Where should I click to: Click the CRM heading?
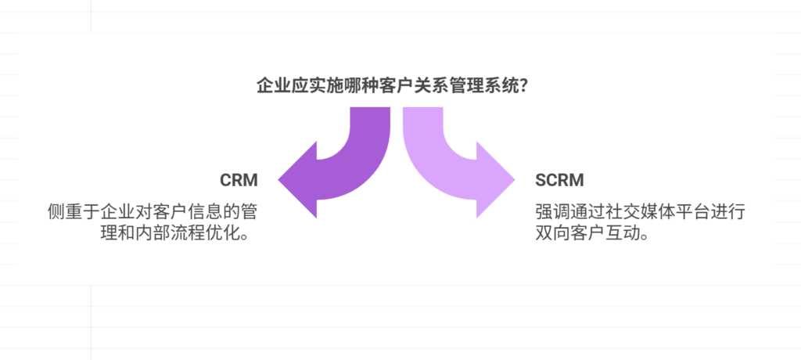[239, 181]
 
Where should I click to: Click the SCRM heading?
[559, 181]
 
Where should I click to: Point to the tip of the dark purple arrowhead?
[280, 179]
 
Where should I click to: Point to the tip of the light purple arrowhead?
[515, 179]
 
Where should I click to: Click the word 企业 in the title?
[273, 85]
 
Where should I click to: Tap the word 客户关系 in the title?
[409, 85]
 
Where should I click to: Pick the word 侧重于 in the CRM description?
[73, 212]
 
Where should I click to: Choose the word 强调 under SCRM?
[552, 212]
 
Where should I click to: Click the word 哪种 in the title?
[357, 85]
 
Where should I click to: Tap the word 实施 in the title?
[323, 85]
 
